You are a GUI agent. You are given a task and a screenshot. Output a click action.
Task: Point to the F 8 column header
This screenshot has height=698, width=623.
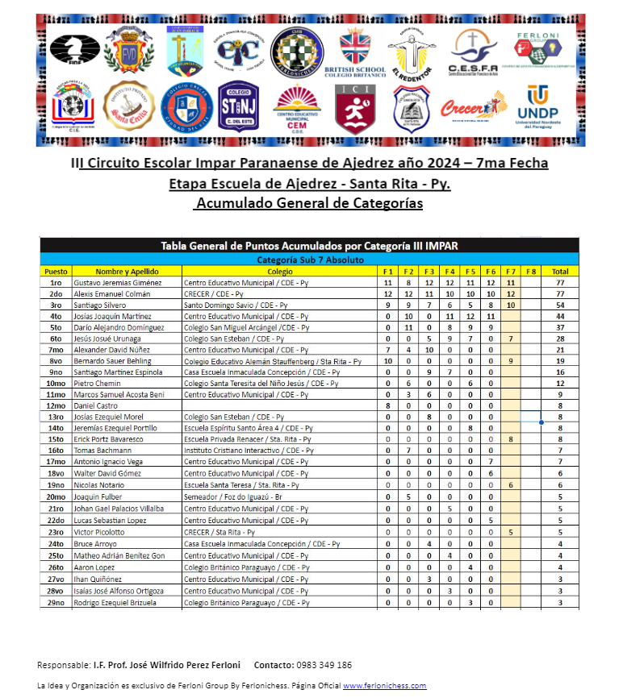click(x=531, y=272)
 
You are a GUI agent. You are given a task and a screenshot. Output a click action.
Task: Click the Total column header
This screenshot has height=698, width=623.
click(x=560, y=272)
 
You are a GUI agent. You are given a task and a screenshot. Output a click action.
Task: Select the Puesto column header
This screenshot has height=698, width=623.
click(x=56, y=272)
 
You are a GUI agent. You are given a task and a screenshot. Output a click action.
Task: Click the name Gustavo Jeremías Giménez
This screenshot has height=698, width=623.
click(x=117, y=283)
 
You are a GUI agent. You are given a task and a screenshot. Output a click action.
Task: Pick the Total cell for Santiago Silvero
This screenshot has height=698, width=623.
click(x=560, y=305)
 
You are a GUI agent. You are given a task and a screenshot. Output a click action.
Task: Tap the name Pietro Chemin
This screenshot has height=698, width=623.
click(x=96, y=384)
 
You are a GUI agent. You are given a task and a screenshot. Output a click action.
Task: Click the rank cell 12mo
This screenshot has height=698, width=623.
click(x=56, y=406)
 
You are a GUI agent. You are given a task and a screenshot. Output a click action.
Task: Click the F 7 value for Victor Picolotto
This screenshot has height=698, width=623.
click(x=511, y=533)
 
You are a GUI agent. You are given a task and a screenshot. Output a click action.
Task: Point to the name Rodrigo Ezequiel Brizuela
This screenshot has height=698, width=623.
click(x=119, y=602)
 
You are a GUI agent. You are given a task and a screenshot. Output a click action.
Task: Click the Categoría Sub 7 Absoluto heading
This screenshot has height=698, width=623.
click(x=311, y=260)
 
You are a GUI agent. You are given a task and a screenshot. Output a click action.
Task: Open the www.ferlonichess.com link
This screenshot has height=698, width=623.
click(x=384, y=685)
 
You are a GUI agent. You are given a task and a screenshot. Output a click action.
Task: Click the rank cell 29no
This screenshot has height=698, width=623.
click(x=56, y=602)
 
